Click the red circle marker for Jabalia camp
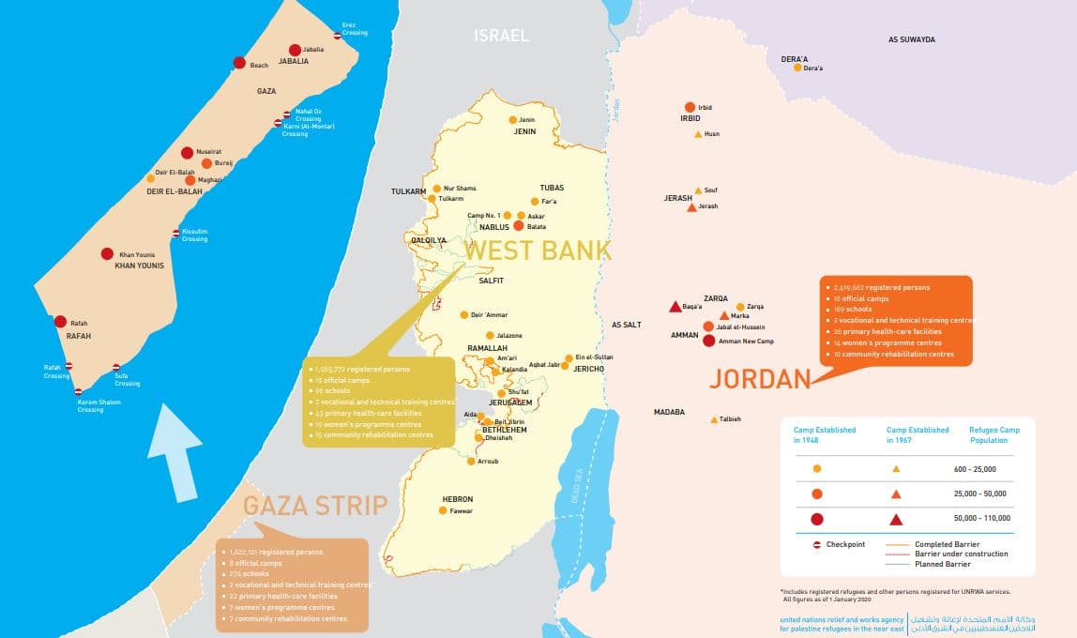pos(295,50)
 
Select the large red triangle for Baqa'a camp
pos(675,307)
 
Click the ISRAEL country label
pos(501,36)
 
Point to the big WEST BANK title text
pos(538,251)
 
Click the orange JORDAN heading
pos(759,379)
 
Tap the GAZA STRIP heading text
pos(315,506)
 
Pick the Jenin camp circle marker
pos(512,120)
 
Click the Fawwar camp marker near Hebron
pos(443,510)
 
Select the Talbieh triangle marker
pos(714,419)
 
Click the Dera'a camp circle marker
pos(797,68)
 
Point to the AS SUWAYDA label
pos(911,39)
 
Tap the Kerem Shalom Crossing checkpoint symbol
pos(78,391)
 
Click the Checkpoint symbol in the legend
pos(816,544)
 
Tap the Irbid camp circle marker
pos(690,107)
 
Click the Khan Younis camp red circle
pos(107,254)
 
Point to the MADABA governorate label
pos(669,412)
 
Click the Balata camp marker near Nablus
pos(518,226)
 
